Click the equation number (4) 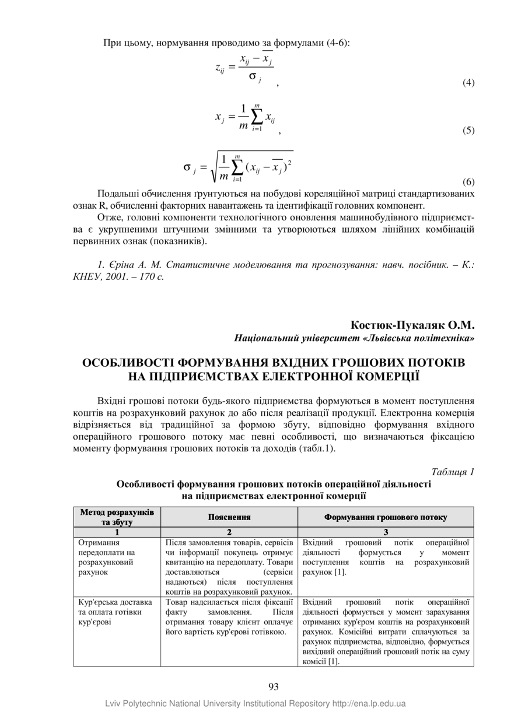coord(468,83)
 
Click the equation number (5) coord(468,131)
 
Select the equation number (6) coord(468,182)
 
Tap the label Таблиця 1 coord(453,472)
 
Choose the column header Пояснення coord(229,517)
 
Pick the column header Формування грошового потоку coord(386,517)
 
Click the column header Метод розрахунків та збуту coord(117,517)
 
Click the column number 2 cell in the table coord(229,532)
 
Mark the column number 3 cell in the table coord(386,532)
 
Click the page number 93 coord(274,686)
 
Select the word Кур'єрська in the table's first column coord(97,602)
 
